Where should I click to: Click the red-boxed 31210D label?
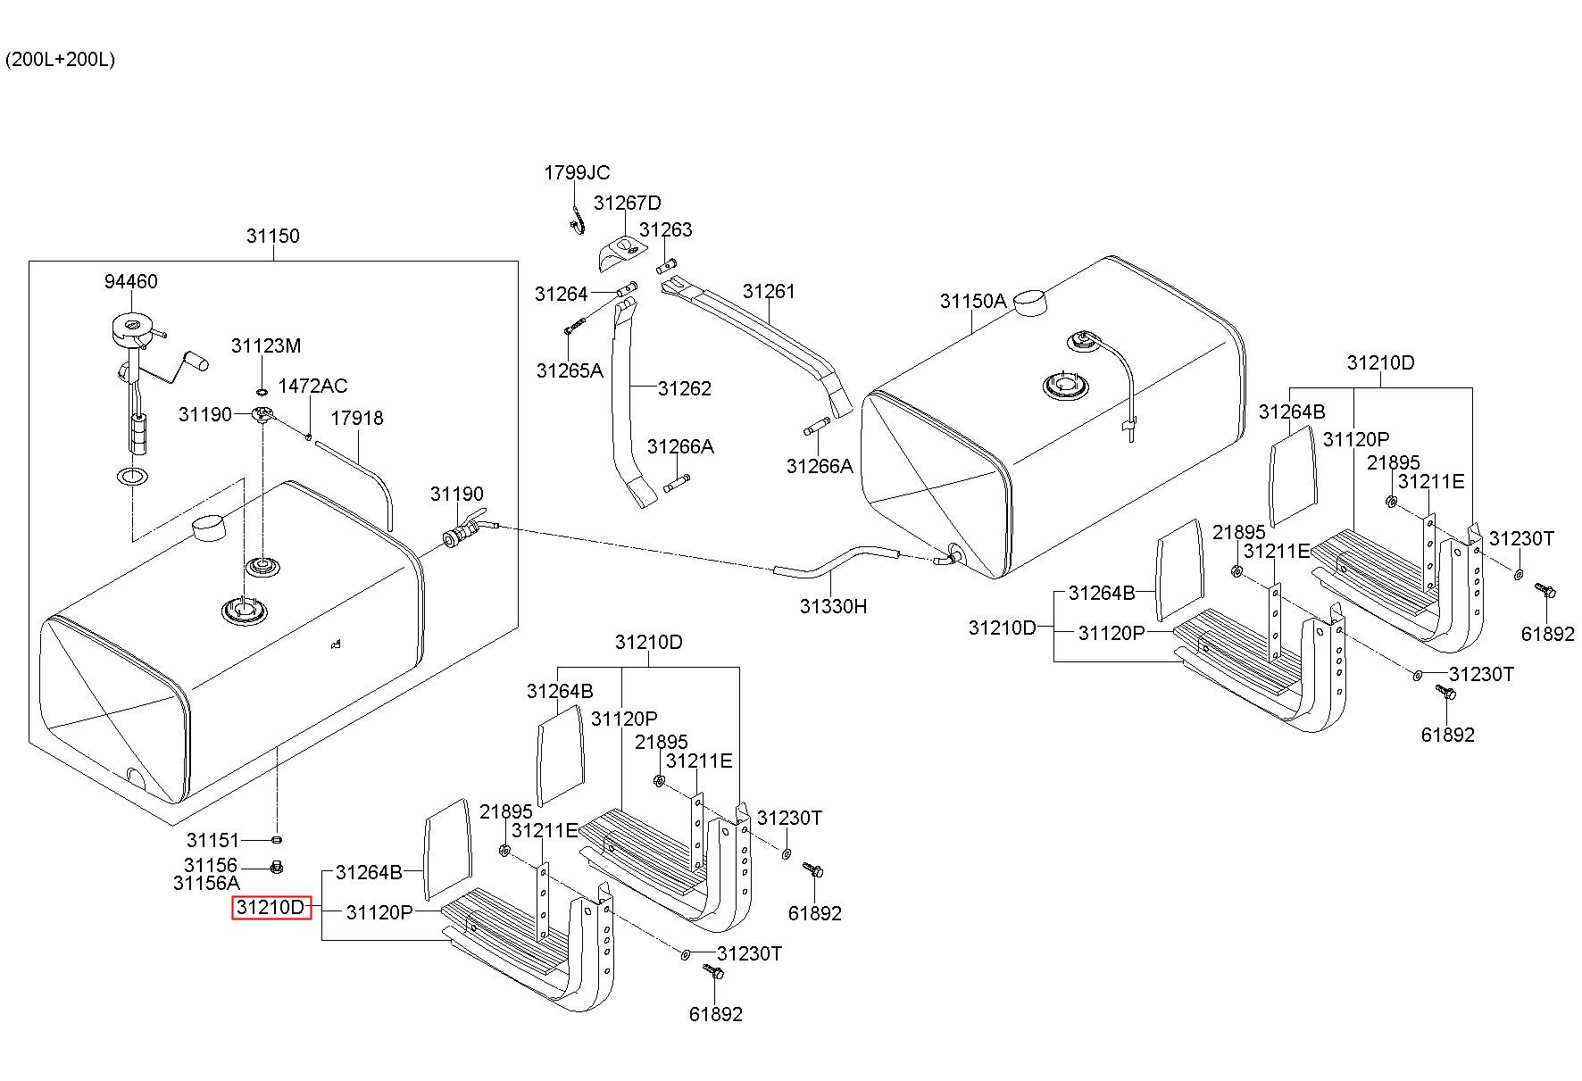(x=271, y=908)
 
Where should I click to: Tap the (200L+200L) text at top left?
(x=60, y=60)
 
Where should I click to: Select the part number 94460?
(x=131, y=281)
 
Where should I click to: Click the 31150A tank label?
(x=973, y=301)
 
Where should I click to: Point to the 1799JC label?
(x=578, y=172)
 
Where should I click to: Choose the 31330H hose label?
(x=834, y=606)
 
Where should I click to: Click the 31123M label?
(x=266, y=345)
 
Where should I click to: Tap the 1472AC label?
(x=312, y=386)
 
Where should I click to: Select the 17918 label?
(x=357, y=418)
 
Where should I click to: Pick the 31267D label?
(x=628, y=203)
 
